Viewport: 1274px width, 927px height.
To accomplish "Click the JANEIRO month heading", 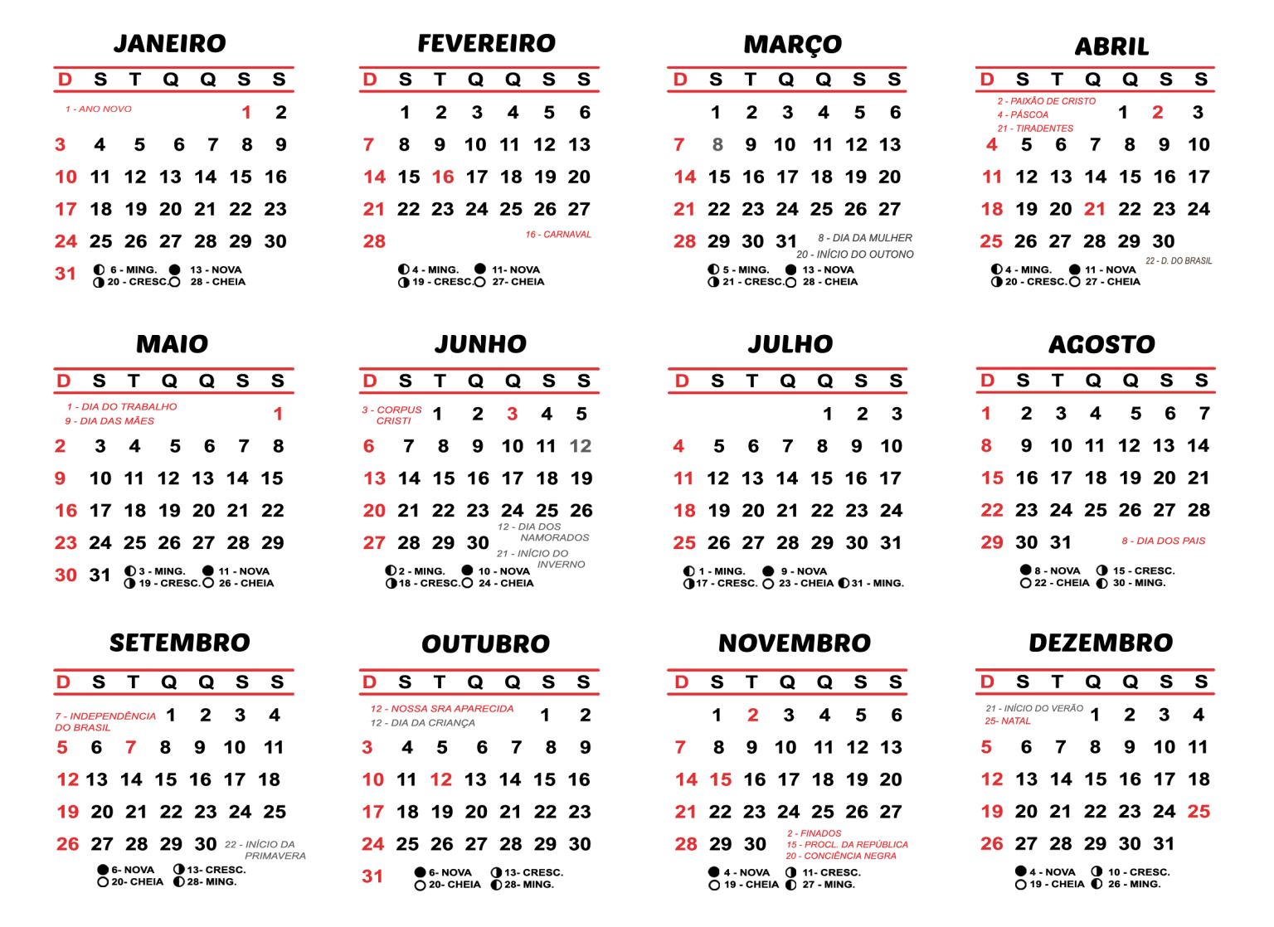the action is pos(170,44).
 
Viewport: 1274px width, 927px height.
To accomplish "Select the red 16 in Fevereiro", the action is pos(443,177).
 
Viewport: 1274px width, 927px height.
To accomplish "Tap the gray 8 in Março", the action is pos(717,145).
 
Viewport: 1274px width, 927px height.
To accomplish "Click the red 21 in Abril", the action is pos(1094,209).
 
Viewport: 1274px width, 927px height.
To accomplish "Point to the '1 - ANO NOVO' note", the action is pos(99,109).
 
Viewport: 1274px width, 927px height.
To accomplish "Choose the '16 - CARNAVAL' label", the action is pos(558,235).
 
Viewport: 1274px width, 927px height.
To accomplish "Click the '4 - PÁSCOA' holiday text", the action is pos(1023,115).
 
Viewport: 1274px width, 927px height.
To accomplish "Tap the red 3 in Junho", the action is pos(513,414).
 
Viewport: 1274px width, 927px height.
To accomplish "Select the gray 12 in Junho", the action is pos(581,446).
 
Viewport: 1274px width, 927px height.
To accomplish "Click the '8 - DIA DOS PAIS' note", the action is pos(1164,541).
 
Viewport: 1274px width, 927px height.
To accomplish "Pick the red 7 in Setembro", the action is pos(131,747).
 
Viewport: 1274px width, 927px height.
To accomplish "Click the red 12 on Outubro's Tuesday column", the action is pos(441,779).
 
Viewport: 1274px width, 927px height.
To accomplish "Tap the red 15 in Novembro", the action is pos(721,779).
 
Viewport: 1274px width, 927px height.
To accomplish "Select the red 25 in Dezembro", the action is pos(1199,812).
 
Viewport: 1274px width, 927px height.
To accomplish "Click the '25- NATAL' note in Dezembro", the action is pos(1008,721).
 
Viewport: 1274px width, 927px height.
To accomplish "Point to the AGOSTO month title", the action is pos(1101,345).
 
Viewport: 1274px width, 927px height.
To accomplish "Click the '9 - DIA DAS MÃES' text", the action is pos(109,421).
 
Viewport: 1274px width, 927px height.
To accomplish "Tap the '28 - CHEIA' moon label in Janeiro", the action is pos(218,282).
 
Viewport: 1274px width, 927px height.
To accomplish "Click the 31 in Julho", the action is pos(891,543).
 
